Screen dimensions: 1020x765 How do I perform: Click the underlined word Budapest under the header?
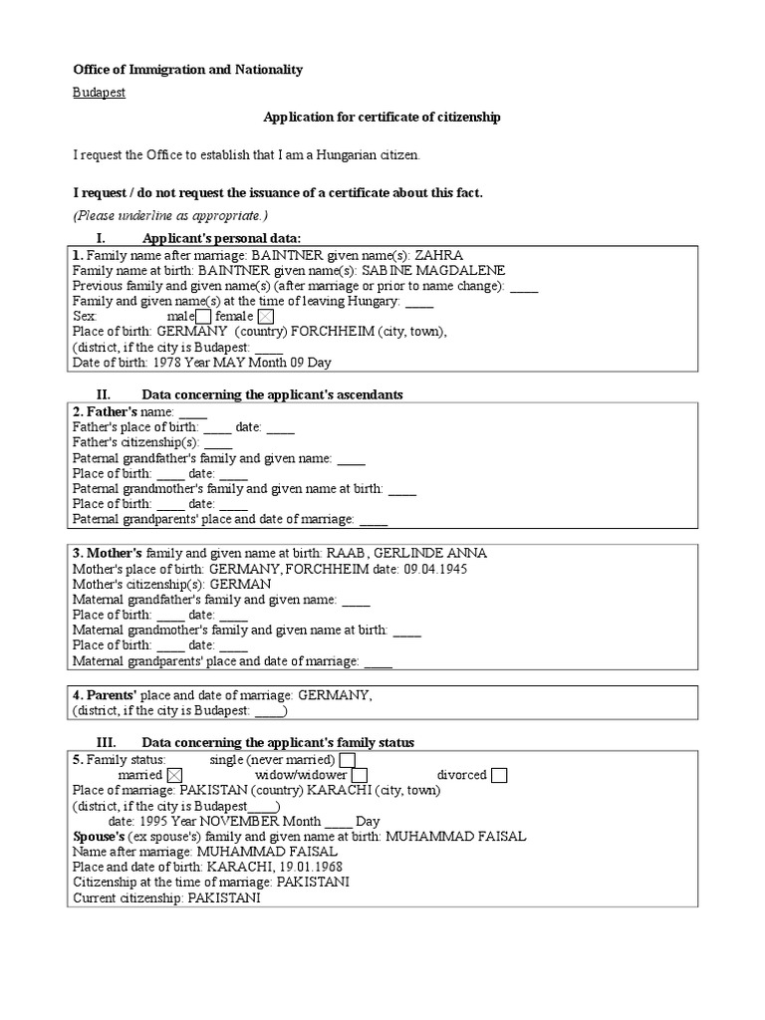pyautogui.click(x=99, y=93)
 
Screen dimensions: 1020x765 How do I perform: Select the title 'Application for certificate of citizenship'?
pyautogui.click(x=382, y=118)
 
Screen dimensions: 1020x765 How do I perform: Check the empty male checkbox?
pyautogui.click(x=203, y=317)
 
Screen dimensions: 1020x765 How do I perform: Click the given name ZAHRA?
pyautogui.click(x=438, y=255)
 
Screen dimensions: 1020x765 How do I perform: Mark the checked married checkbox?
pyautogui.click(x=175, y=775)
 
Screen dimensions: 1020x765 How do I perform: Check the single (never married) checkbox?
pyautogui.click(x=347, y=760)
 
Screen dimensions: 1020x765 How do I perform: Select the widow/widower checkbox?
pyautogui.click(x=360, y=775)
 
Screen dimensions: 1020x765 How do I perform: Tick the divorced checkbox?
pyautogui.click(x=499, y=775)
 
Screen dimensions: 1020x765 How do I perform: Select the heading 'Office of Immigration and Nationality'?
pyautogui.click(x=188, y=70)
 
